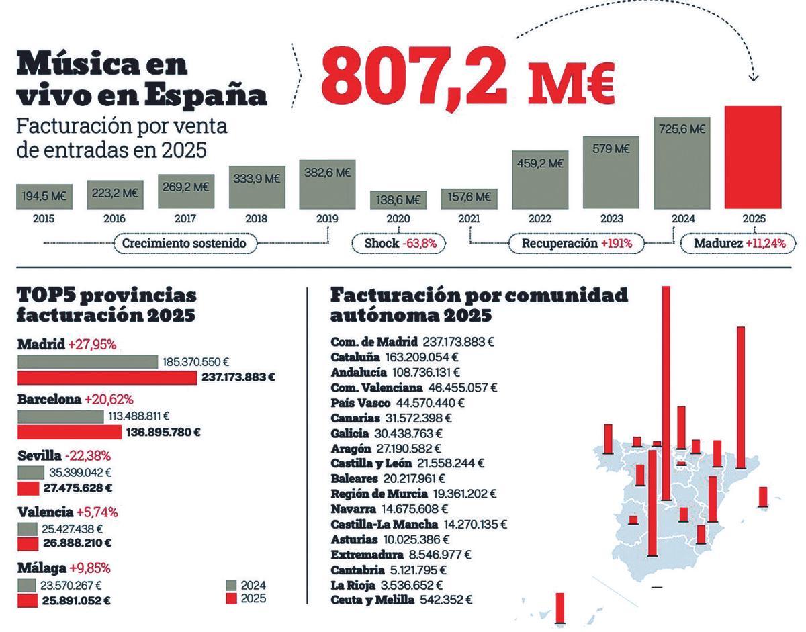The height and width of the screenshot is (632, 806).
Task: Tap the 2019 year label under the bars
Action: (x=326, y=218)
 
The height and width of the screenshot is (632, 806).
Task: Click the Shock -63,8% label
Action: (x=400, y=243)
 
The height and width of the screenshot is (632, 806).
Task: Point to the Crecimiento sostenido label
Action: (x=185, y=243)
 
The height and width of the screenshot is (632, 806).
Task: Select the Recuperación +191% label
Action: (x=576, y=243)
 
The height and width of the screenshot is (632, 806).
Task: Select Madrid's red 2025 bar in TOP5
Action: (x=107, y=377)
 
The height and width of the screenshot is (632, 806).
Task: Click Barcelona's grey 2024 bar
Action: (x=60, y=416)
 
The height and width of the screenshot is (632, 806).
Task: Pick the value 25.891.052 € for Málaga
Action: (x=76, y=600)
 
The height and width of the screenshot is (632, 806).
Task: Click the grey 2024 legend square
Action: (x=231, y=585)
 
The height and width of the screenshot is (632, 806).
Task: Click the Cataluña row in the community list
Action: (x=394, y=357)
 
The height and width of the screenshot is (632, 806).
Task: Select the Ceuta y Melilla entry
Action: (x=401, y=600)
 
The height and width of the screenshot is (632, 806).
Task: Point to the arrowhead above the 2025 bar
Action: (x=753, y=78)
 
